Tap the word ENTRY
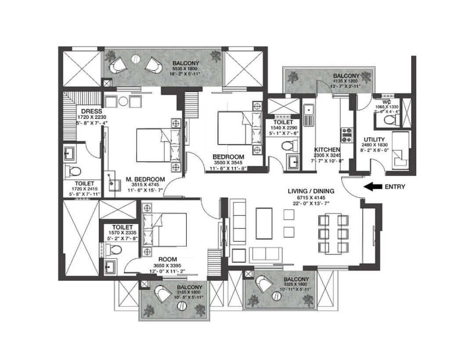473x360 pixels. tap(395, 187)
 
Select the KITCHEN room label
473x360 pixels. tap(326, 150)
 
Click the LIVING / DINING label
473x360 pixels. tap(311, 191)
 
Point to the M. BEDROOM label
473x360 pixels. tap(145, 179)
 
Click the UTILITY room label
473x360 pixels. tap(374, 139)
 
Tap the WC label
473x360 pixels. tap(387, 101)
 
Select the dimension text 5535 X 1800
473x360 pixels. tap(185, 69)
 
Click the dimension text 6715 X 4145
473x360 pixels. tap(311, 197)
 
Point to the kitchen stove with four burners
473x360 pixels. tap(347, 134)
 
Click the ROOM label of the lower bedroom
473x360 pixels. tap(167, 260)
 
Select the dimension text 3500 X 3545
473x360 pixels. tap(228, 162)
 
